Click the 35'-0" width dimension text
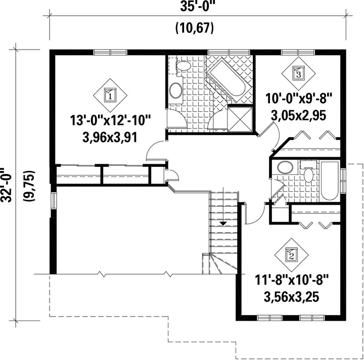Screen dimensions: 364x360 [x=196, y=7]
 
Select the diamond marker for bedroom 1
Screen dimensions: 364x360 [x=110, y=95]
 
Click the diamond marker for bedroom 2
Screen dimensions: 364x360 [x=291, y=255]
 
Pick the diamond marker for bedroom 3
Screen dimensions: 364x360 [x=299, y=74]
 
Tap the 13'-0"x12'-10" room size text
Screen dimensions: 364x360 [x=111, y=120]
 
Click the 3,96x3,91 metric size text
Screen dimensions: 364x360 [x=110, y=137]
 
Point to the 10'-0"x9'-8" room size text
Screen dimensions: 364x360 [x=299, y=99]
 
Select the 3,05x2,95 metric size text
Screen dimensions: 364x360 [x=299, y=115]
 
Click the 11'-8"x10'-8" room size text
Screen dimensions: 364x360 [x=292, y=280]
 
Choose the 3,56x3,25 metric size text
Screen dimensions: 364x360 [x=292, y=297]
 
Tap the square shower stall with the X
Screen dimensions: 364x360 [x=240, y=119]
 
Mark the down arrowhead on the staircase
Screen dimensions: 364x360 [x=223, y=223]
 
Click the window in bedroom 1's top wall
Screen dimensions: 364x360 [x=110, y=52]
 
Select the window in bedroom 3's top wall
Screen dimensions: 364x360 [x=298, y=52]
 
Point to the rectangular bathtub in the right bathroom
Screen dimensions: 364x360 [x=330, y=181]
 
